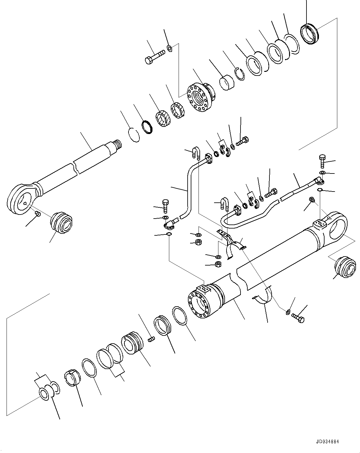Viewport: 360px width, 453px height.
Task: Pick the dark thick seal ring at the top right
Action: pyautogui.click(x=310, y=34)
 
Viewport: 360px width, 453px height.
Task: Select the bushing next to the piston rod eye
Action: pyautogui.click(x=61, y=222)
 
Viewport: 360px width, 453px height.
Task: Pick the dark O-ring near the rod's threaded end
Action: pyautogui.click(x=147, y=127)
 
